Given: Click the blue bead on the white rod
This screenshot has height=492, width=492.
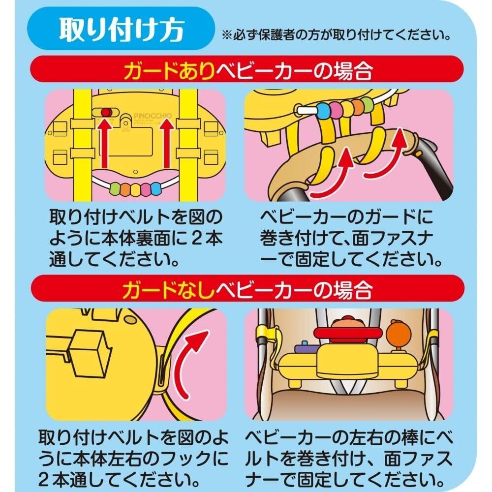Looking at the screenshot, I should (x=325, y=106).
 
